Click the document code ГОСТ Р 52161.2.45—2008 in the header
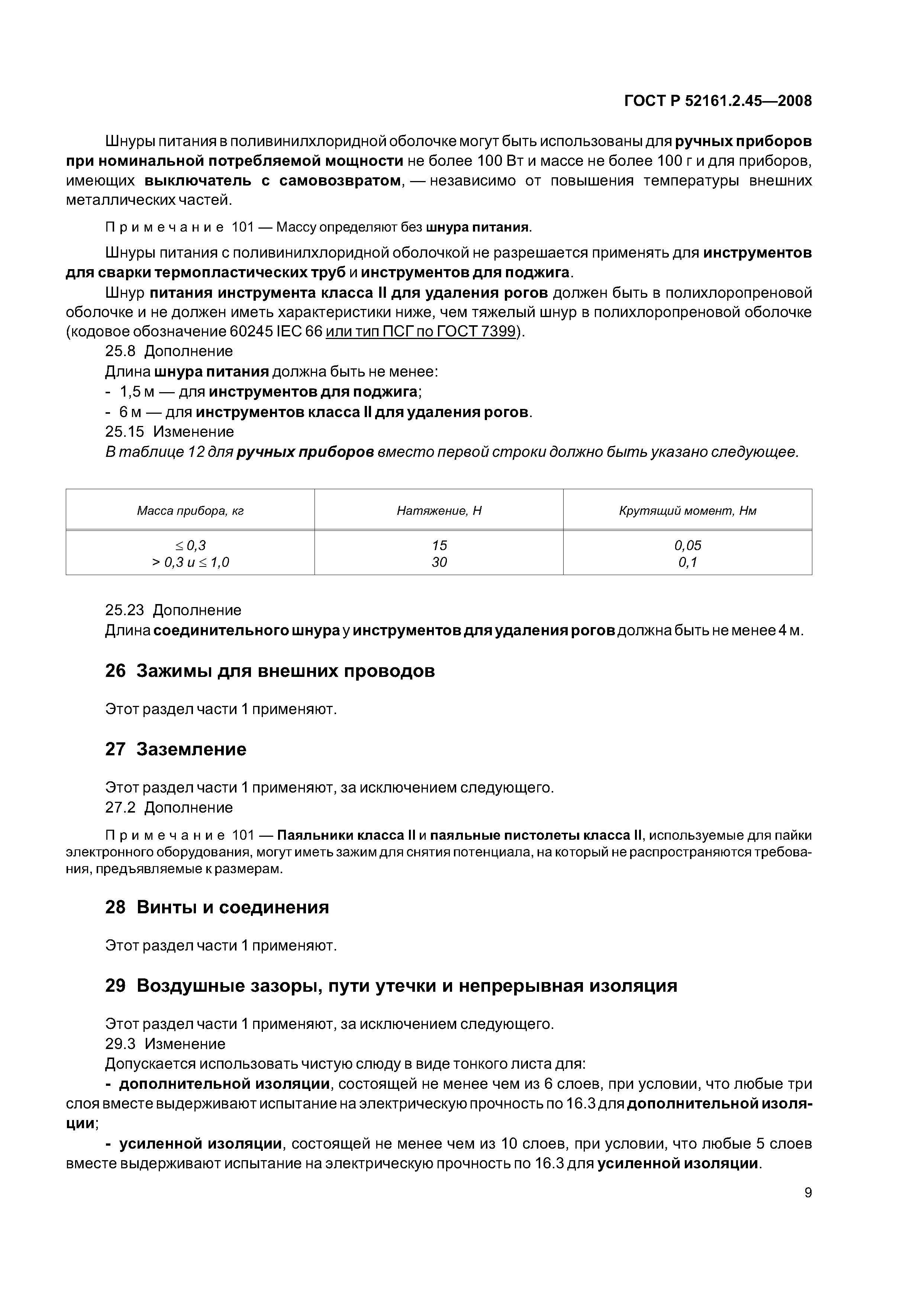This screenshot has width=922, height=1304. (718, 101)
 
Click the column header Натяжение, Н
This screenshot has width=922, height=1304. (439, 511)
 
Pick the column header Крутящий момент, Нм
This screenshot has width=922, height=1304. (687, 511)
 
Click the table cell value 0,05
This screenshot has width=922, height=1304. (687, 545)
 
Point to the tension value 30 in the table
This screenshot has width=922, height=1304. (439, 562)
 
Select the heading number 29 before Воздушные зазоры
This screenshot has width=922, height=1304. (115, 985)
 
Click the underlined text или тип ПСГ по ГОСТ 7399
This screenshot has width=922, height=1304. (420, 332)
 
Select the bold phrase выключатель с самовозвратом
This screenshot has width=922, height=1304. (272, 181)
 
